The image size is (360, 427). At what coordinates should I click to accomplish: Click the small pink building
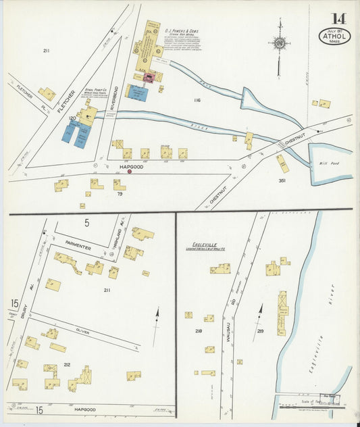click(151, 78)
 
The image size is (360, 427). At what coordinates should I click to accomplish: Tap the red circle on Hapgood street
click(130, 171)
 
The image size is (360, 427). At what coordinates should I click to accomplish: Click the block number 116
click(197, 101)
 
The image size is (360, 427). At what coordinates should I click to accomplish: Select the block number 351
click(282, 181)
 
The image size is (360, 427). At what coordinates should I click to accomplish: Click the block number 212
click(67, 365)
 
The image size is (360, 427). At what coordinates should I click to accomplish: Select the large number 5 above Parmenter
click(86, 222)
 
